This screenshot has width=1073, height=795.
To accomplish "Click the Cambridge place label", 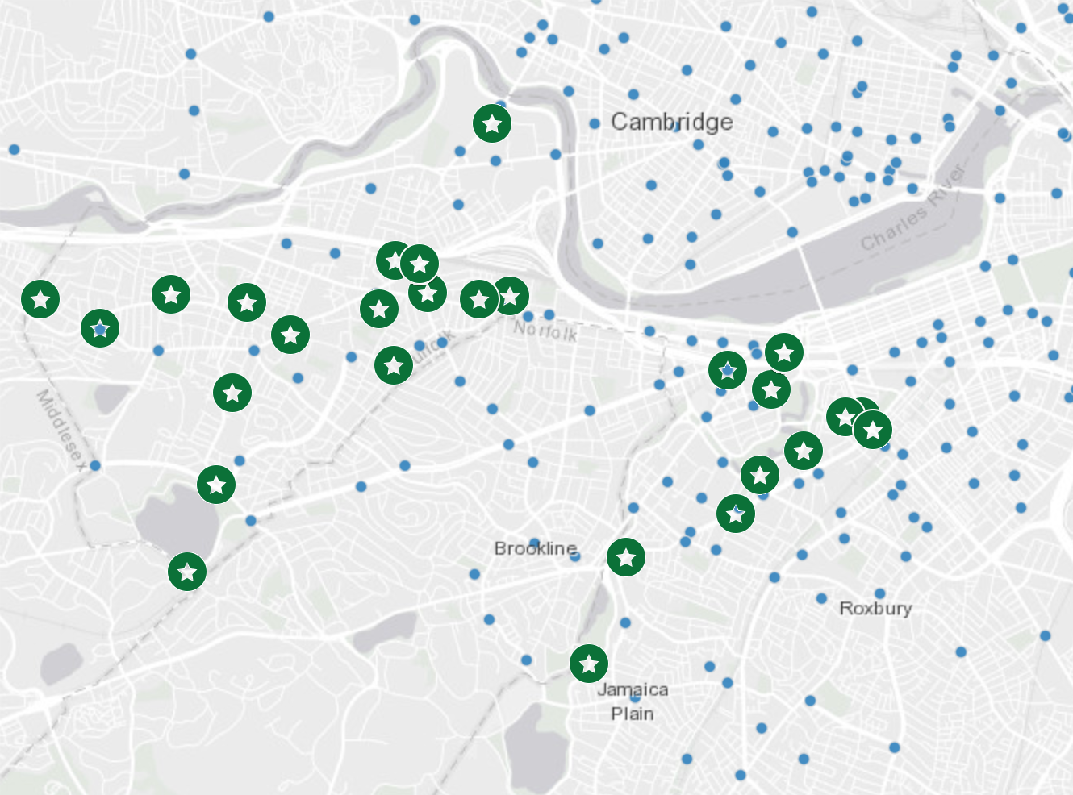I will (x=671, y=122).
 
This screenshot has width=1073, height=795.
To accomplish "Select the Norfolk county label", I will (x=545, y=330).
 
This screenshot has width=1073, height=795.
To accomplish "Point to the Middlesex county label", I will (x=60, y=427).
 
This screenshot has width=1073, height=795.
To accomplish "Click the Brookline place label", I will (x=535, y=548).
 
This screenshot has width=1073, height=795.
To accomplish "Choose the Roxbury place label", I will (x=875, y=608).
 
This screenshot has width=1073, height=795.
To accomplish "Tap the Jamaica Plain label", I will (x=633, y=701).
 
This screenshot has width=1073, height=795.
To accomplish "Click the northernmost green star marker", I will (x=492, y=123).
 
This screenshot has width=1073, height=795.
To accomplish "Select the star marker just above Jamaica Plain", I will (x=589, y=664).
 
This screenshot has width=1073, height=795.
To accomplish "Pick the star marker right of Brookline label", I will (x=626, y=557).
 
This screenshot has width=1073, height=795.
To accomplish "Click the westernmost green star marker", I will (x=40, y=299).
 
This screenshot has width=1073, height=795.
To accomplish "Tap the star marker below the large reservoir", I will (x=187, y=572).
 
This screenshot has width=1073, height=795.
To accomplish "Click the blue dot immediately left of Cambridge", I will (x=595, y=123).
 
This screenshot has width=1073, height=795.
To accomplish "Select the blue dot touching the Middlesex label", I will (x=95, y=465).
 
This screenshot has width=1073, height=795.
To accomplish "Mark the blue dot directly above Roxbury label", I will (x=879, y=593).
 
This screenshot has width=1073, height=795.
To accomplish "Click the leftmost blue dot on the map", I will (x=14, y=149).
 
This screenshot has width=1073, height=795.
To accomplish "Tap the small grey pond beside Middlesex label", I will (x=111, y=397).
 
